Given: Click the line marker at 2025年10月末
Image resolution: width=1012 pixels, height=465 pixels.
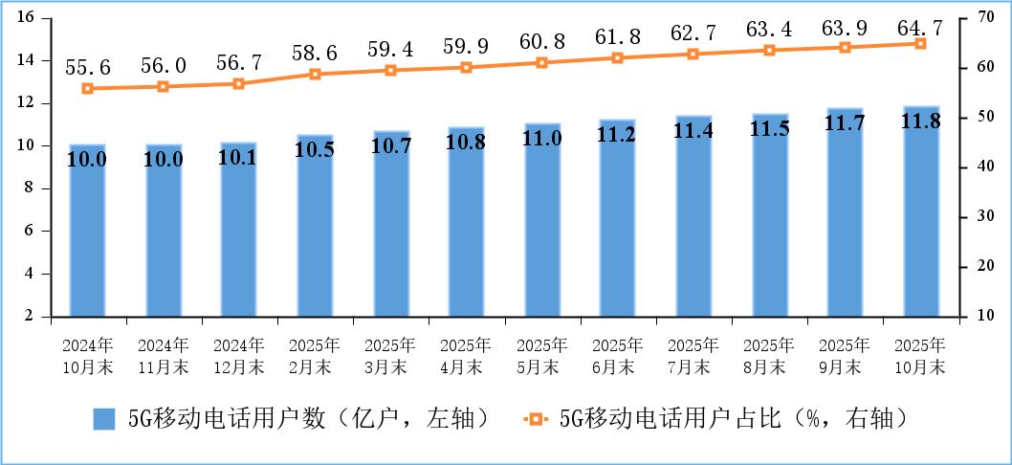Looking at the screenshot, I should pyautogui.click(x=921, y=44).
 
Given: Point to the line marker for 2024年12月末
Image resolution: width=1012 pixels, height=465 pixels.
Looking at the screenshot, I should pyautogui.click(x=239, y=83).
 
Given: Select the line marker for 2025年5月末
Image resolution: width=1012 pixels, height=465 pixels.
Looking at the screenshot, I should pyautogui.click(x=542, y=62).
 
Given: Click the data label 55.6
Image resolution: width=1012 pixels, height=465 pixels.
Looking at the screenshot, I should pyautogui.click(x=87, y=67).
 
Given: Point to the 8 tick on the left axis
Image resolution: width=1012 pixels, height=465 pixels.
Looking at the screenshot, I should pyautogui.click(x=30, y=188).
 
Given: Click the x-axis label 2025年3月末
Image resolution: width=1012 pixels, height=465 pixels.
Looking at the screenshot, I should pyautogui.click(x=390, y=354).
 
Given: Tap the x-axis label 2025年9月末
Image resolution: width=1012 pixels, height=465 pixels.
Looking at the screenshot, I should pyautogui.click(x=846, y=354).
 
